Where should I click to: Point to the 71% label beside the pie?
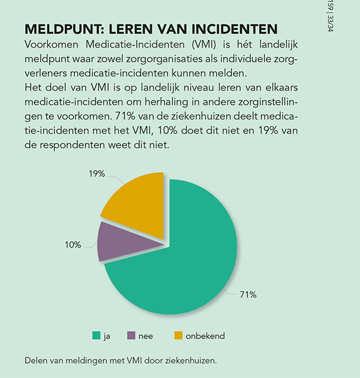coord(248,294)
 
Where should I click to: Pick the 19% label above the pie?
coord(97,173)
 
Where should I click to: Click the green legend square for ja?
coord(96,336)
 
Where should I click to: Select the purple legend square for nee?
coord(131,336)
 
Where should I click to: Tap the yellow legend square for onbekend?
coord(178,336)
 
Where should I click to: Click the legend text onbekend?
coord(205,336)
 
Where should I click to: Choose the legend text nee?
coord(145,336)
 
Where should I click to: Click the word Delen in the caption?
coord(36,361)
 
